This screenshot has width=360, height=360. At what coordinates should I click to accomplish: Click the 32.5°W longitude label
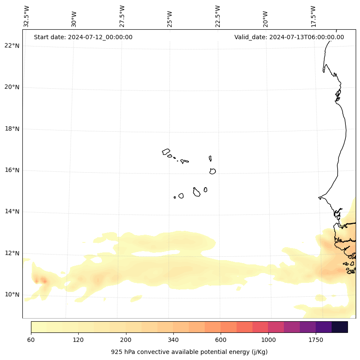coord(27,16)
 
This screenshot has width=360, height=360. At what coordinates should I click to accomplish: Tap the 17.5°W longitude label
coord(313,16)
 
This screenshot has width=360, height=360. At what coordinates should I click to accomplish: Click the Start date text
coord(83,37)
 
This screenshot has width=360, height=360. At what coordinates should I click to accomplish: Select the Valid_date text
coord(289,37)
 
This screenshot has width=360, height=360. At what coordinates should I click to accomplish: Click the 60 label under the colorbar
coord(31,340)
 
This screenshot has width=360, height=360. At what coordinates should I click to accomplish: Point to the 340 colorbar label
coord(173,340)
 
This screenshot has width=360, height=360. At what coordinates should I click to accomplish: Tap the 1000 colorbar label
coord(268,340)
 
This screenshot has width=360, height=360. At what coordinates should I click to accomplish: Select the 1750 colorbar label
coord(316,340)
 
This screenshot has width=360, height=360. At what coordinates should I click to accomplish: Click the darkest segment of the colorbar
coord(340,327)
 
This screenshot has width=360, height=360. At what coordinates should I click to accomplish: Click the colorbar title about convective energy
coord(189,352)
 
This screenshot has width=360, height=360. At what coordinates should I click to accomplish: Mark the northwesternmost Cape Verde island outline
coord(166,152)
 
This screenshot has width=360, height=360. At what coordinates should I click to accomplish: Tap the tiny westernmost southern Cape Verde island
coord(175,197)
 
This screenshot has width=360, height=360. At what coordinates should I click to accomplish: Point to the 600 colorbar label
coord(221,340)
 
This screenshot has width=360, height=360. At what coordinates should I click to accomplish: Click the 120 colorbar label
coord(78,340)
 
